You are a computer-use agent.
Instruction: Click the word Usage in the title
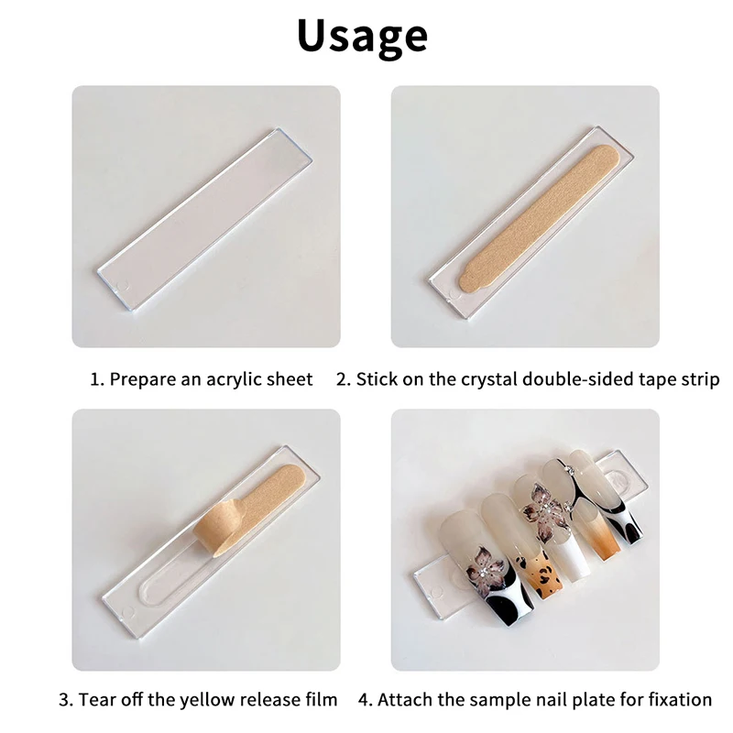(362, 36)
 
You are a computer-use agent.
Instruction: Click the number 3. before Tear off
(66, 699)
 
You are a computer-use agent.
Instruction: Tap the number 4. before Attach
(365, 699)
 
